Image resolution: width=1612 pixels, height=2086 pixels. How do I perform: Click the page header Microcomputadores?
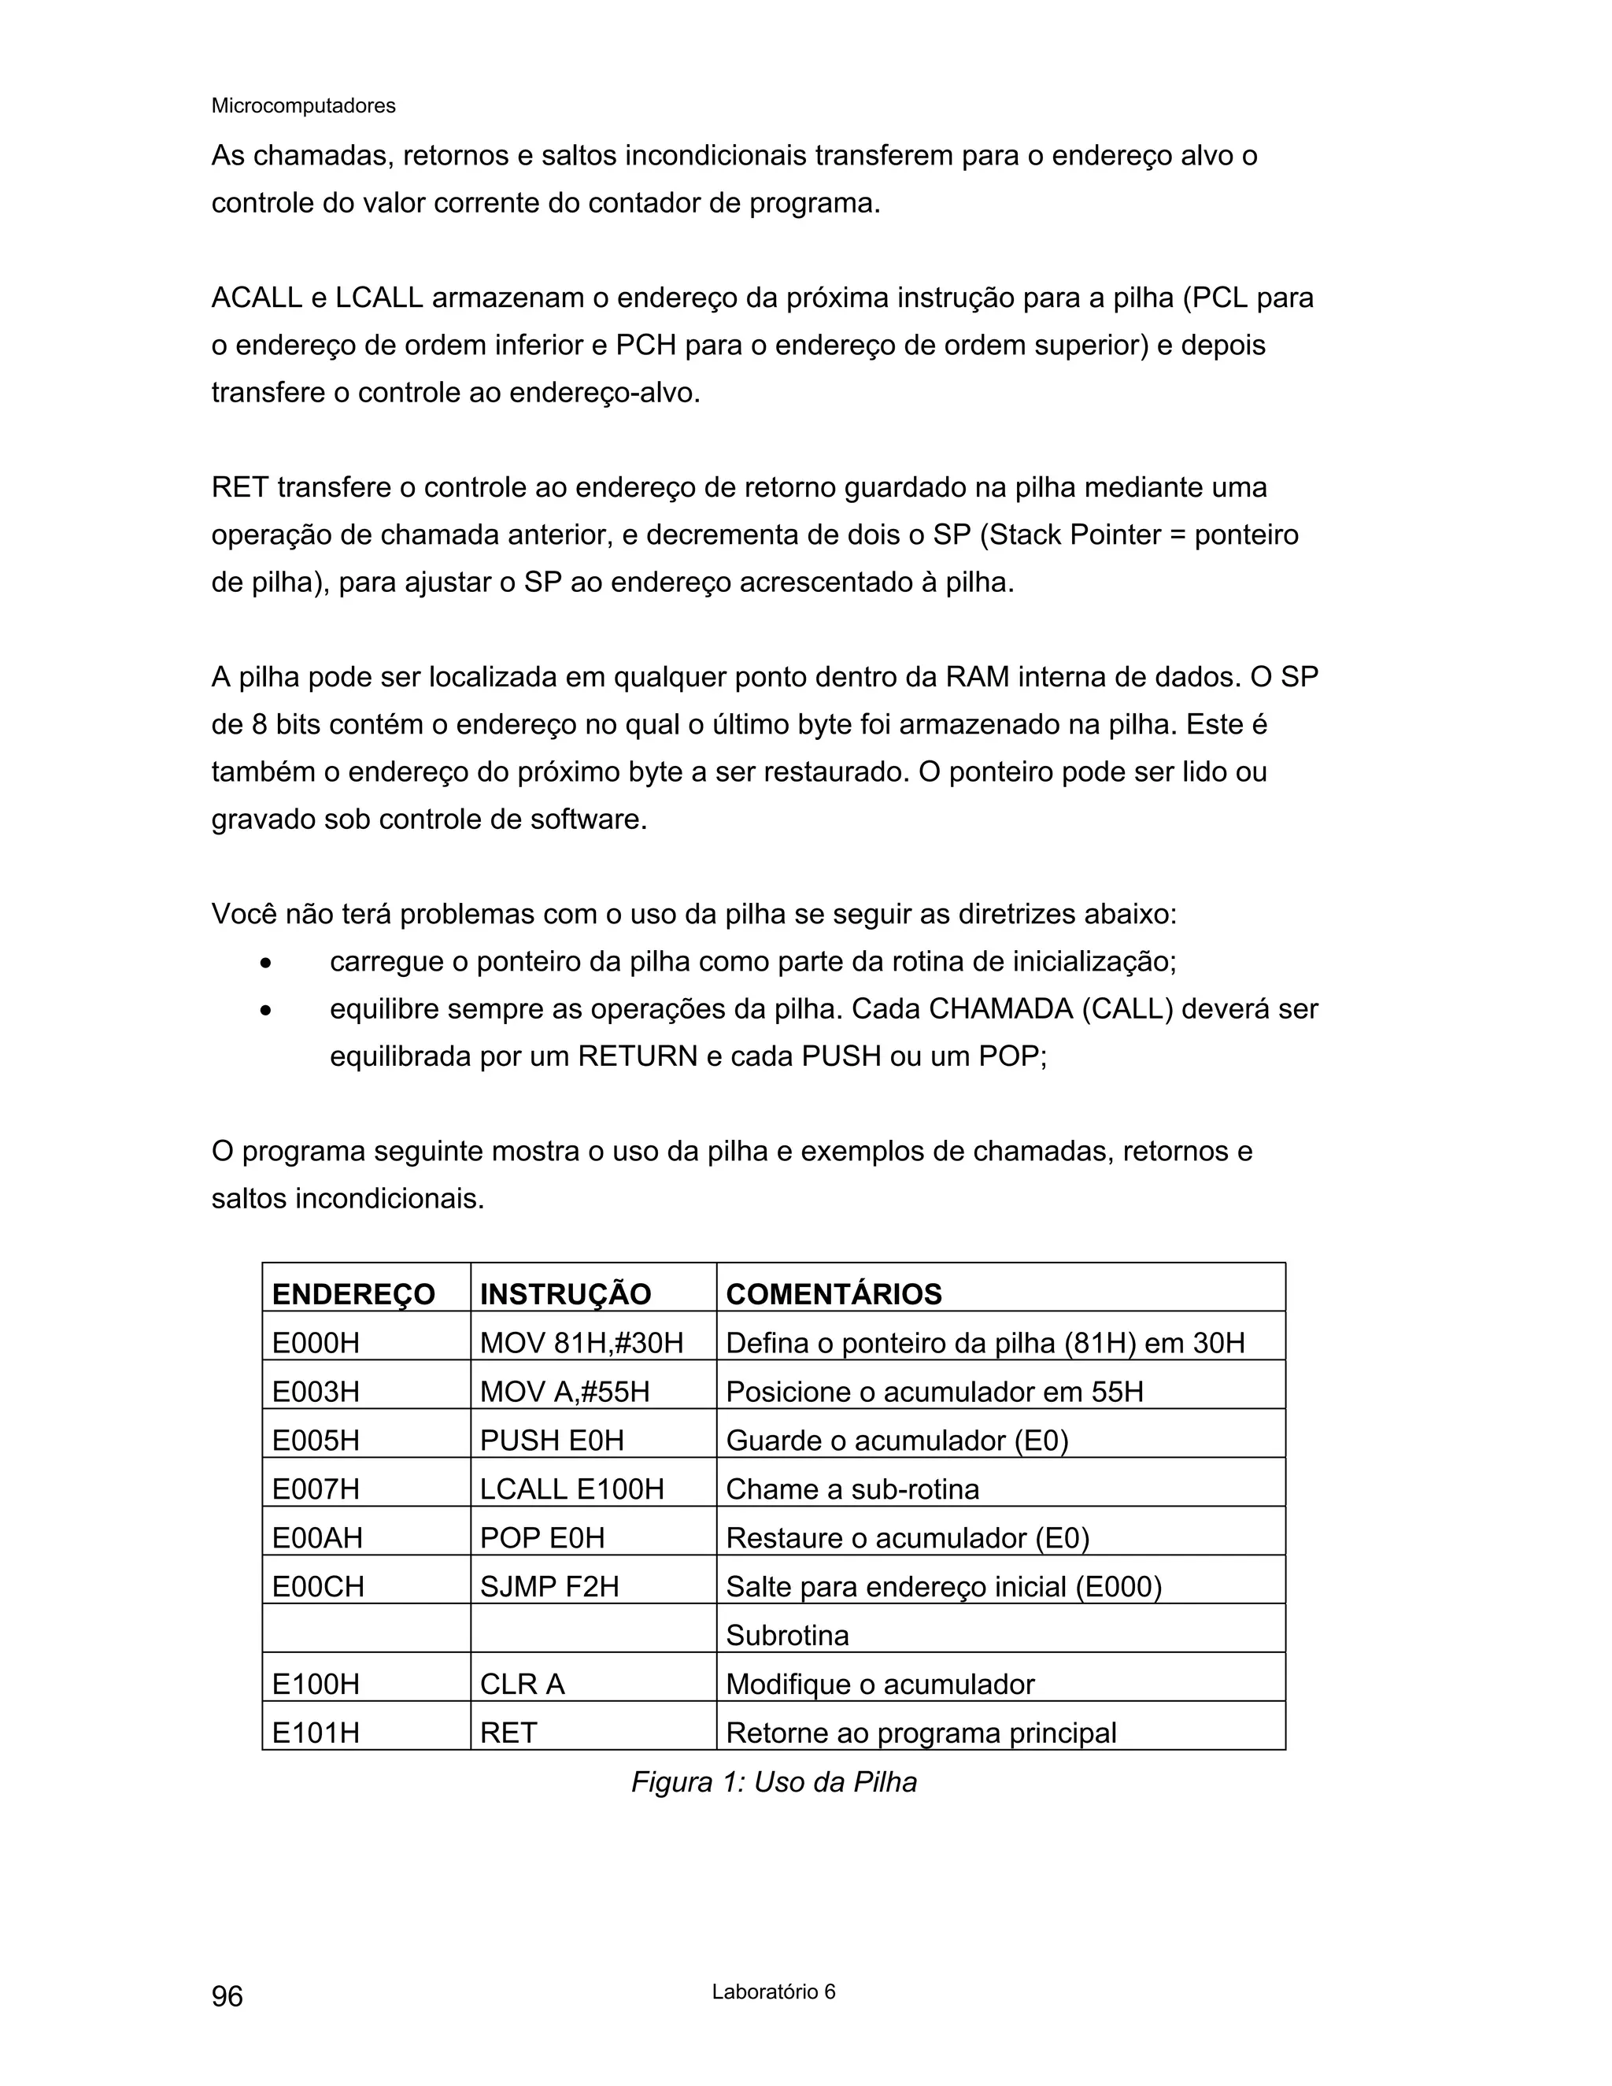[303, 106]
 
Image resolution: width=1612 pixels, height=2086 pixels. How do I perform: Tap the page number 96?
[227, 1995]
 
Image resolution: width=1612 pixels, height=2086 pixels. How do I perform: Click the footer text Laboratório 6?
[773, 1992]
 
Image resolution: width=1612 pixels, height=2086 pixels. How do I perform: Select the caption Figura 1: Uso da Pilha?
[774, 1782]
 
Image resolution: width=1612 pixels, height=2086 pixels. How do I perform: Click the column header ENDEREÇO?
[353, 1294]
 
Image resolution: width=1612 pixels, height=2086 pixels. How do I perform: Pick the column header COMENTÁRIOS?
[834, 1294]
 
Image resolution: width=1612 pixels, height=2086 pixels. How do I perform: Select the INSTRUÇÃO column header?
[565, 1294]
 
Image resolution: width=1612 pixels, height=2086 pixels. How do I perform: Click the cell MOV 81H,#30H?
[582, 1343]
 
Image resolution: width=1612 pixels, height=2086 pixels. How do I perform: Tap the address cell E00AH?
[317, 1538]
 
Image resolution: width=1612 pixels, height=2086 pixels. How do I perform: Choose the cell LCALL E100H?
[572, 1489]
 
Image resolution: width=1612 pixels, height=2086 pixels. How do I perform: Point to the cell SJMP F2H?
[549, 1586]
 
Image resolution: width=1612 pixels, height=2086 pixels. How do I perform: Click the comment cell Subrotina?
[787, 1635]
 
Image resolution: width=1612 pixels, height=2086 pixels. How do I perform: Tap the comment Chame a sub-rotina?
[852, 1489]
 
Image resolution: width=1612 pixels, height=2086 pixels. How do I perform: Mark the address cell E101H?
[316, 1733]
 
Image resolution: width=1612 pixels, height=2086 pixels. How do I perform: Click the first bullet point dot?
[267, 963]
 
